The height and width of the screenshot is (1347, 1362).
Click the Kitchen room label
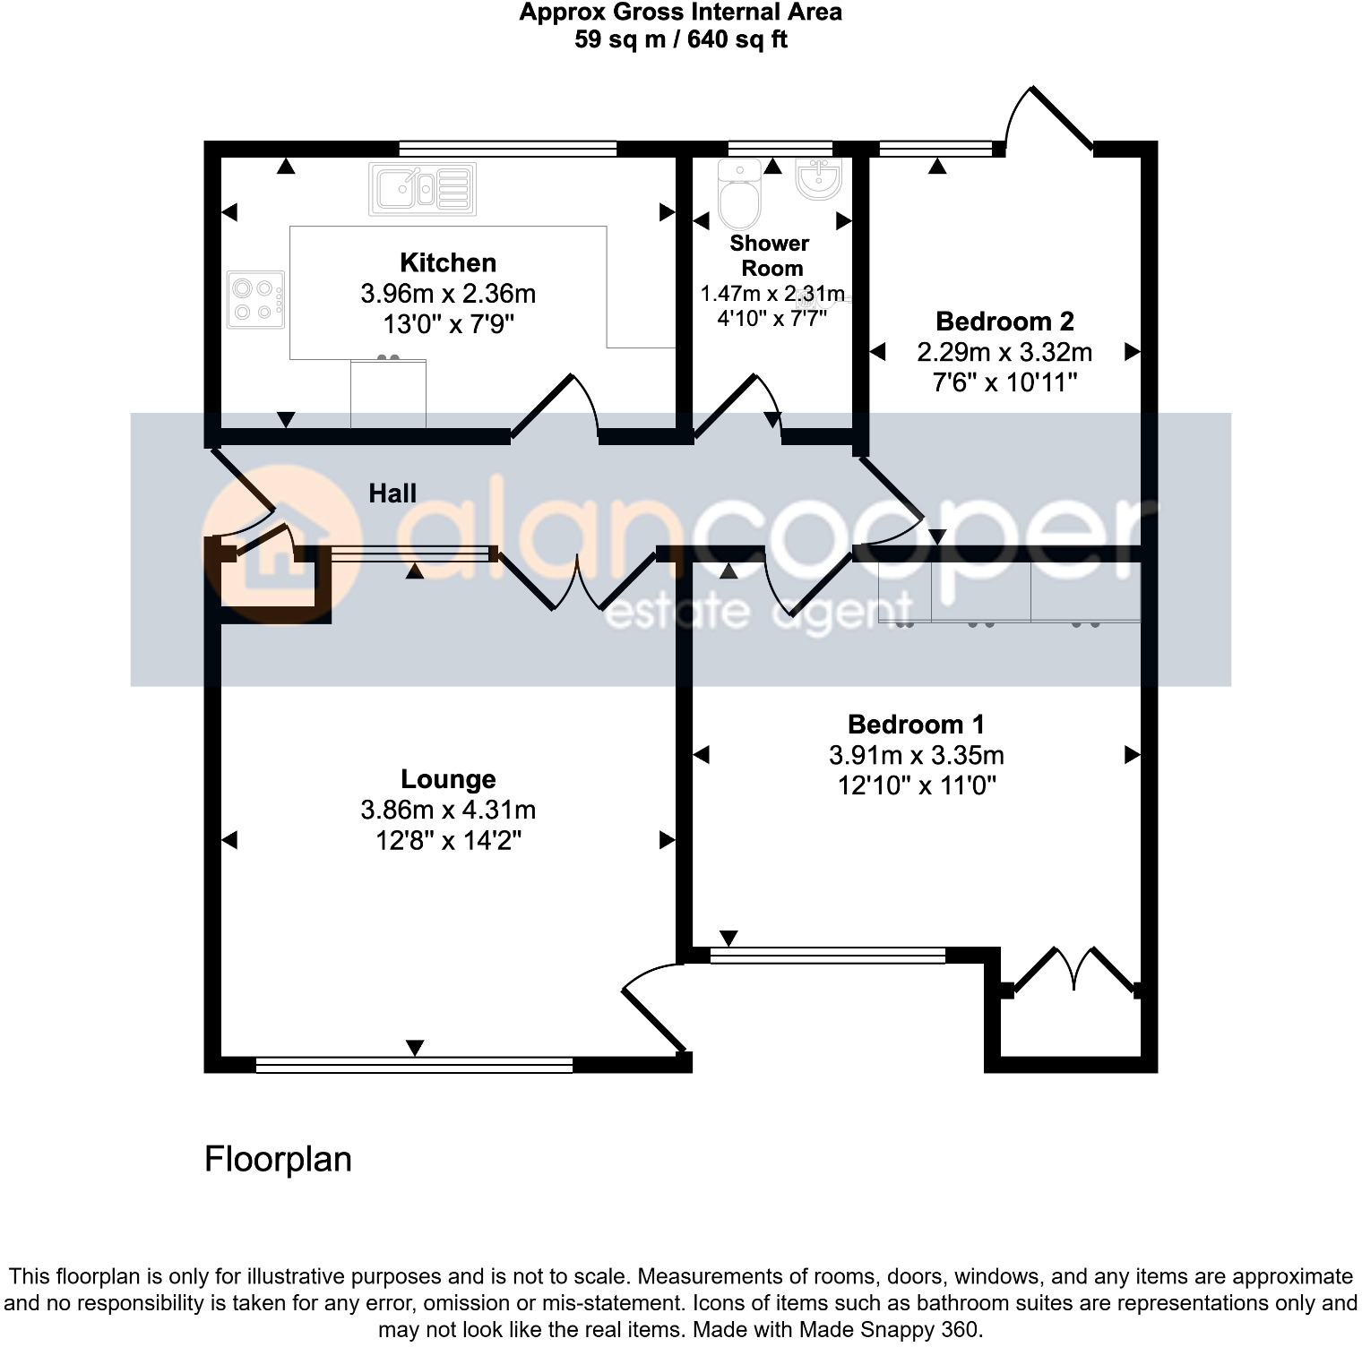click(448, 262)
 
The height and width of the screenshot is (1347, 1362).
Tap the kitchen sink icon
click(422, 189)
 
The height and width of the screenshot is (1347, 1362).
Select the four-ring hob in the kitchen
click(255, 299)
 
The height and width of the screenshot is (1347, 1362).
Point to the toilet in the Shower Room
click(739, 195)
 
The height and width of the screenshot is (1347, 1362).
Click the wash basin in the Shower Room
click(818, 178)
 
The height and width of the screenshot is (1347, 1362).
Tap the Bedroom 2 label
click(1004, 321)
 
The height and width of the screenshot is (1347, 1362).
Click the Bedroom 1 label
click(916, 724)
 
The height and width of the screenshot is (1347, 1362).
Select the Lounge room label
click(448, 779)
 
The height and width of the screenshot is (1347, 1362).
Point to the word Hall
click(392, 493)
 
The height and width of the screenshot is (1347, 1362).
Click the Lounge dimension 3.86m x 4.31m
click(448, 810)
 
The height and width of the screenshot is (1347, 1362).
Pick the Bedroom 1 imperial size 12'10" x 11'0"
click(916, 785)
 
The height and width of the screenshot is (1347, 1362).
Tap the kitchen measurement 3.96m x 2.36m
click(448, 293)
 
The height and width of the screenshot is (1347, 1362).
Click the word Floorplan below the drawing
click(278, 1159)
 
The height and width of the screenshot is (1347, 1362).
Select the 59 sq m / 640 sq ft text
click(681, 39)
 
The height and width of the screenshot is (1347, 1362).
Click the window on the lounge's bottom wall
click(414, 1065)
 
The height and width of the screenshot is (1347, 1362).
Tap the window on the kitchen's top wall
click(508, 149)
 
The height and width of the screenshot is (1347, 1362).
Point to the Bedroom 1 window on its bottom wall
click(827, 956)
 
